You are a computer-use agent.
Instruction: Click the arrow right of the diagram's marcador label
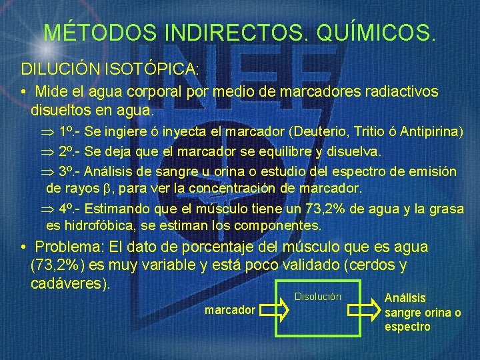point(274,311)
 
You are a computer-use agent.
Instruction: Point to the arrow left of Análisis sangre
point(364,311)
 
